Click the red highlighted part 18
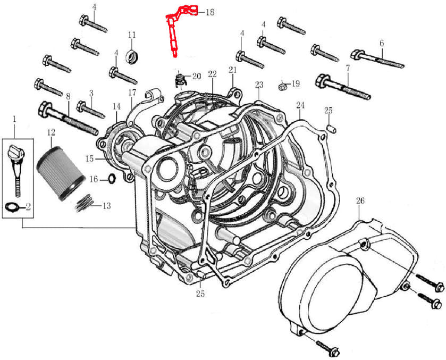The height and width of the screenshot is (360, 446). tap(174, 32)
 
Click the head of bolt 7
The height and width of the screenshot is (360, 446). tap(322, 81)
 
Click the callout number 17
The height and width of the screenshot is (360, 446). tap(132, 93)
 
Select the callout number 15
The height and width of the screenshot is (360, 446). tap(89, 158)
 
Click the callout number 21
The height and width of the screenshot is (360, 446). tap(232, 70)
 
